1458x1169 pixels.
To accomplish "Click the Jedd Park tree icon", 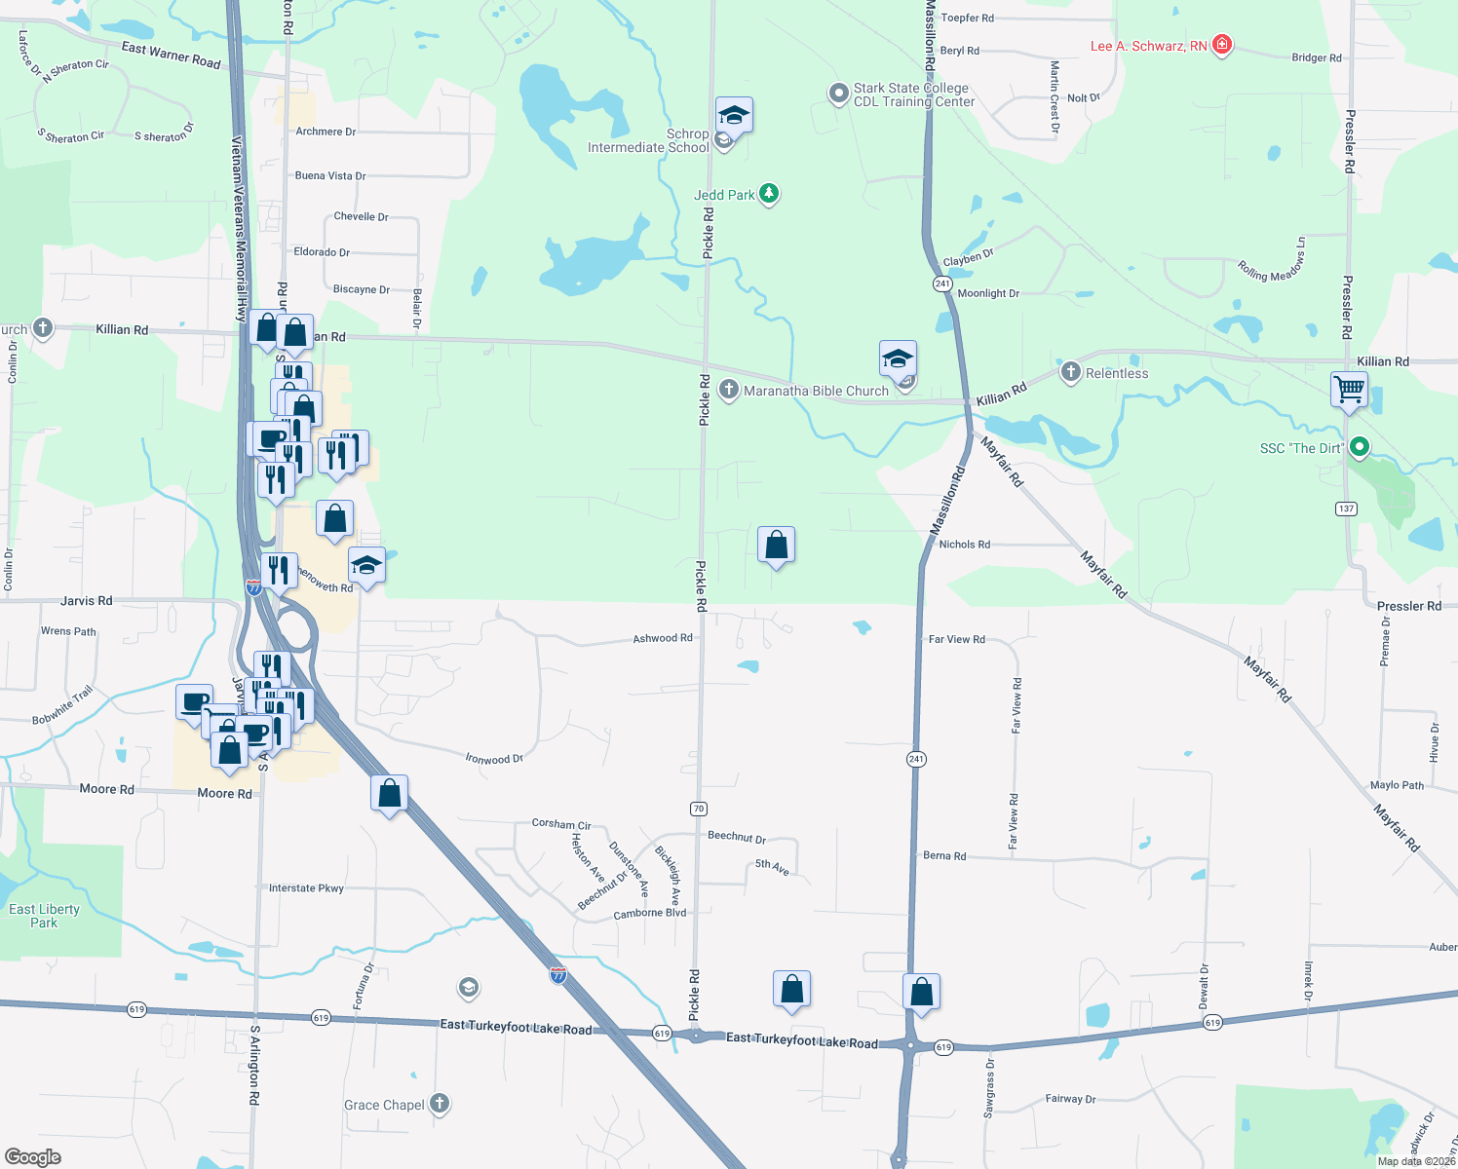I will (769, 194).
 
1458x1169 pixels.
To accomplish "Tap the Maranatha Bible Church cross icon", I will (728, 390).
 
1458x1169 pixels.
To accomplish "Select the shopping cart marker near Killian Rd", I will (1350, 390).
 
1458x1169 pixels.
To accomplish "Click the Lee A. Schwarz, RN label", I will (1148, 46).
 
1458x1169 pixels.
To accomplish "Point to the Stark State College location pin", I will (838, 94).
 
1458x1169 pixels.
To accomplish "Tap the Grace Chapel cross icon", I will (440, 1104).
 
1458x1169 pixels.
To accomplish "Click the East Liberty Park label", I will (44, 916).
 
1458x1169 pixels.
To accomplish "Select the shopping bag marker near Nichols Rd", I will (776, 545).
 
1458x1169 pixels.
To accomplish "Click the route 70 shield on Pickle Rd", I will (698, 809).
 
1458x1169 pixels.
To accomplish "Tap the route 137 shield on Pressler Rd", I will (1346, 509).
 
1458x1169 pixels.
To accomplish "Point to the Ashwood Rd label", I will (663, 638).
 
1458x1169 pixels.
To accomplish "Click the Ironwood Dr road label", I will (494, 759).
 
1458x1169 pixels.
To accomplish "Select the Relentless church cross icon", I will (1070, 372).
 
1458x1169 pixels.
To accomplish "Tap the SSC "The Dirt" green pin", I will (1359, 447).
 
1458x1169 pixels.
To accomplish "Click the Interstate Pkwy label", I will (306, 888).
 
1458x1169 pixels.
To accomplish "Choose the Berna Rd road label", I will (944, 855).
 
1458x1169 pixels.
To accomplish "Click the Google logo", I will (32, 1157).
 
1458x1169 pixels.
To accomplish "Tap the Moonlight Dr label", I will (988, 293).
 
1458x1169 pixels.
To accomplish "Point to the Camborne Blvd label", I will (650, 914).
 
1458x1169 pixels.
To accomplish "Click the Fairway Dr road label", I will (1070, 1099).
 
